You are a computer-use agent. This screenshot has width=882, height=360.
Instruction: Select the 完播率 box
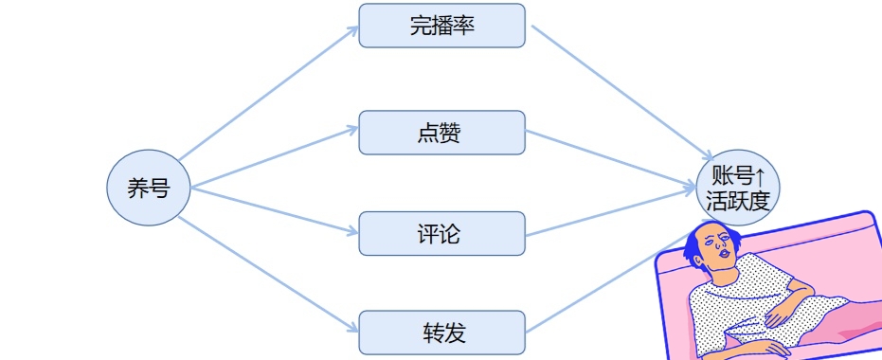441,26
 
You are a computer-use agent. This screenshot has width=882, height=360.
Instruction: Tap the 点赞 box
441,133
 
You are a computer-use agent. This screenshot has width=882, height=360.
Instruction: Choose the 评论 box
441,233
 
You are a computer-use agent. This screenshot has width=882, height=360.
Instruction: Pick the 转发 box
441,333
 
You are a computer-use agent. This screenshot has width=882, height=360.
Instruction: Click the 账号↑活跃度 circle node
738,188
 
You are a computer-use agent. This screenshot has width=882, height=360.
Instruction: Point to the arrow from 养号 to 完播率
265,94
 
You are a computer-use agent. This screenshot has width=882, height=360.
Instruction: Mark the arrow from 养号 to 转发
265,276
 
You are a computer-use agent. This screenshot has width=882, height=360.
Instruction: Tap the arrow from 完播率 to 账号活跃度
621,92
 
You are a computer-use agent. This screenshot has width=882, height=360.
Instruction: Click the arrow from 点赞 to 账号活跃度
611,160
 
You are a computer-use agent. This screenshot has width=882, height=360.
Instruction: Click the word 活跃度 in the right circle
738,200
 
